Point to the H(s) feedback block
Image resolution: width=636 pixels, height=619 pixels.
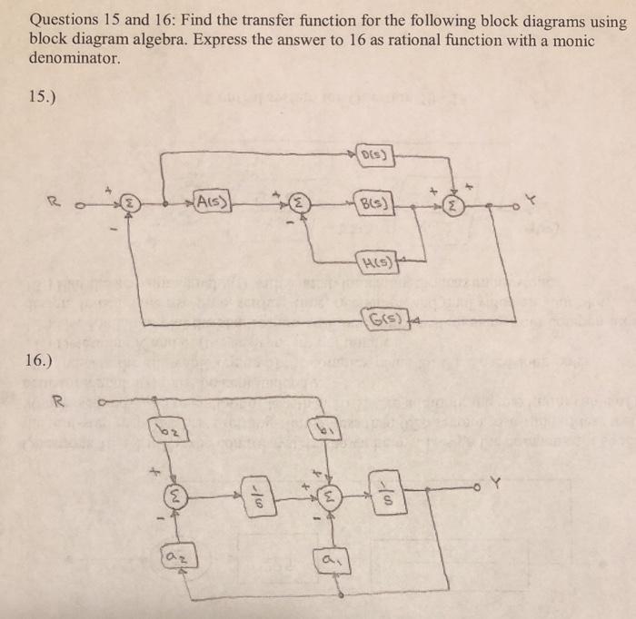click(x=375, y=263)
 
